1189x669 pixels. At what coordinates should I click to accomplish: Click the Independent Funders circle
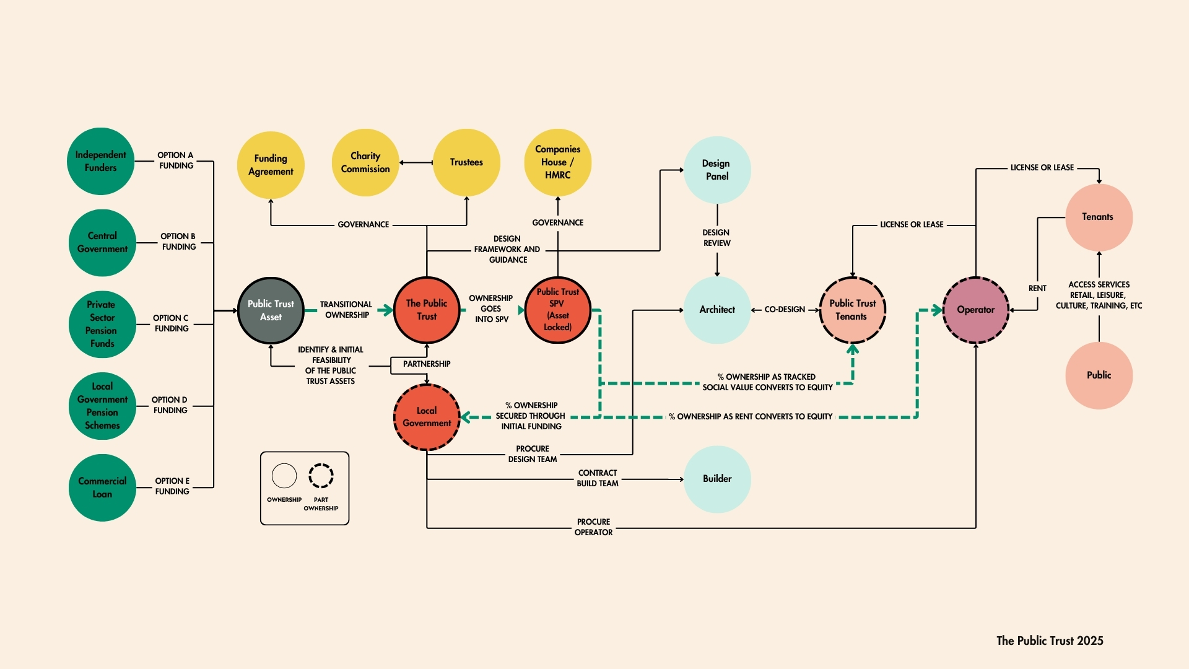pos(101,161)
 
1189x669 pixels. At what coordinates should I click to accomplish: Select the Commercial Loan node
pos(102,488)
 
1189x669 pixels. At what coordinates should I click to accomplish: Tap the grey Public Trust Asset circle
pos(271,310)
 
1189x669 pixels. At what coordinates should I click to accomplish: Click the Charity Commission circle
pos(365,162)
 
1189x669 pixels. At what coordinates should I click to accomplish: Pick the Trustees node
pos(466,162)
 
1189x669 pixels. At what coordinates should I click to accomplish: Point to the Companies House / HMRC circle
pos(557,162)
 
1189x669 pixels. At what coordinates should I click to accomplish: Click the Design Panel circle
pos(717,170)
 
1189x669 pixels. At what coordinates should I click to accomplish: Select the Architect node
pos(717,310)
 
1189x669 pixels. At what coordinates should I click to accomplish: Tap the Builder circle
pos(717,479)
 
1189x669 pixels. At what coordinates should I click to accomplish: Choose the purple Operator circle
pos(976,310)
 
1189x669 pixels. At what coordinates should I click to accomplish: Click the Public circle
pos(1099,375)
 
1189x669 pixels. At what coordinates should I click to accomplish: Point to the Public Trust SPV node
pos(557,310)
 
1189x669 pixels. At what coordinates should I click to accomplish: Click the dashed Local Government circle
pos(427,417)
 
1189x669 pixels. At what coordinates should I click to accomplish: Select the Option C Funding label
pos(171,323)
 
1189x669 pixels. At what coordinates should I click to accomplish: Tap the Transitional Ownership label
pos(346,310)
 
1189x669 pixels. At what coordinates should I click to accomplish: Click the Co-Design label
pos(785,310)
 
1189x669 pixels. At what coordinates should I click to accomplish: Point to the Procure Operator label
pos(593,527)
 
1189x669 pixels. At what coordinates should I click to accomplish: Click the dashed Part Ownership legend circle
pos(321,476)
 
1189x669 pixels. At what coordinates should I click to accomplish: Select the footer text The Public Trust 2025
pos(1050,641)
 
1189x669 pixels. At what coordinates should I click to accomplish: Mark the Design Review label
pos(716,238)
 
